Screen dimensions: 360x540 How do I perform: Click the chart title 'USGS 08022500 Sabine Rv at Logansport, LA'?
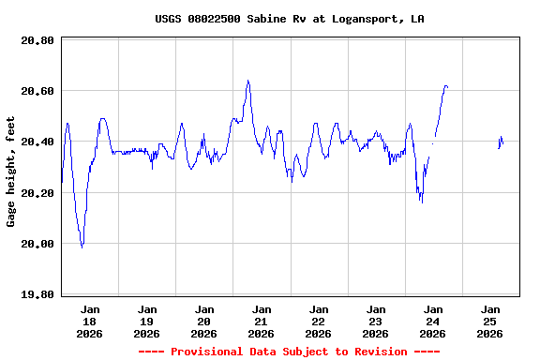tap(289, 19)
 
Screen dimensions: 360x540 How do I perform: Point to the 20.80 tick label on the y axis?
tap(37, 40)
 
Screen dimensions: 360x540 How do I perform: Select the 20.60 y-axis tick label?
tap(37, 91)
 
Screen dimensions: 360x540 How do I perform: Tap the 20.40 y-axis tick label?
tap(37, 142)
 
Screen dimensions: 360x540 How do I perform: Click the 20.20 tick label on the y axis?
tap(37, 193)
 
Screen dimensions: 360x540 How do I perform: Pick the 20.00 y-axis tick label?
tap(37, 244)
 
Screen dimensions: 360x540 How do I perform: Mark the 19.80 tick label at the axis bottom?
tap(37, 294)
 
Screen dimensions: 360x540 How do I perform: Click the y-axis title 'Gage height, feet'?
tap(11, 172)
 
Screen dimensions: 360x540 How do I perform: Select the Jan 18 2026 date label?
tap(90, 321)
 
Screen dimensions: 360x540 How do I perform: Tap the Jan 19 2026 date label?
tap(147, 321)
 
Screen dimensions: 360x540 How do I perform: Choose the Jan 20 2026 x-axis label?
tap(203, 321)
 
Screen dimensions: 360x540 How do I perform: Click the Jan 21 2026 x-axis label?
tap(261, 321)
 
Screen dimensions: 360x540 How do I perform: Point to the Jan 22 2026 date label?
tap(319, 321)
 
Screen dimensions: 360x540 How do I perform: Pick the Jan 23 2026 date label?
tap(375, 321)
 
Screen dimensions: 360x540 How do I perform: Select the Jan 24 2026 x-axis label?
tap(432, 321)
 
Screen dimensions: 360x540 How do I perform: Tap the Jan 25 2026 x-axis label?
tap(489, 321)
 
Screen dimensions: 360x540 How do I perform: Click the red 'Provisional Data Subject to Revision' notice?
tap(289, 352)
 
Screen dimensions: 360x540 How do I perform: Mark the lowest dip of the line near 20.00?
tap(82, 247)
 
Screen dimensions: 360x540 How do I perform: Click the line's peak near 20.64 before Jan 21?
tap(247, 81)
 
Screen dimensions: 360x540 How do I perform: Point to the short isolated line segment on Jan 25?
tap(501, 142)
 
